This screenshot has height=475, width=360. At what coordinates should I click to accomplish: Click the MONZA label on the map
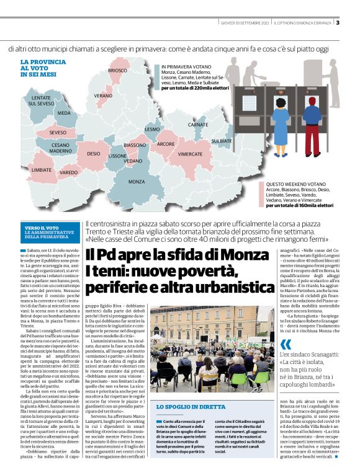137,182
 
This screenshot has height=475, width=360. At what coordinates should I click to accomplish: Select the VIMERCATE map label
190,153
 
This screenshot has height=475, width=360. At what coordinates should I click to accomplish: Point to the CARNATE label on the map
198,125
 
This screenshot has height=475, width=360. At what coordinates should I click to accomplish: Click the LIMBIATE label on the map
41,169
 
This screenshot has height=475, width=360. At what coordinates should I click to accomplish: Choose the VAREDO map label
69,172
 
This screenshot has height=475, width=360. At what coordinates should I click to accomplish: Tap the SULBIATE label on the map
221,141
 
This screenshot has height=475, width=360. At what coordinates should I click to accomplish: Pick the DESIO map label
93,153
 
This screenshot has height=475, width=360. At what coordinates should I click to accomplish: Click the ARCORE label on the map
166,144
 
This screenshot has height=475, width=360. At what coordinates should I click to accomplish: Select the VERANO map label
103,96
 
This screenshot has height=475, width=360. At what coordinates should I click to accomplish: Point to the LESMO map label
152,129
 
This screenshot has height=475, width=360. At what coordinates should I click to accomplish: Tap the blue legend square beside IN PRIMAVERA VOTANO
157,66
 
